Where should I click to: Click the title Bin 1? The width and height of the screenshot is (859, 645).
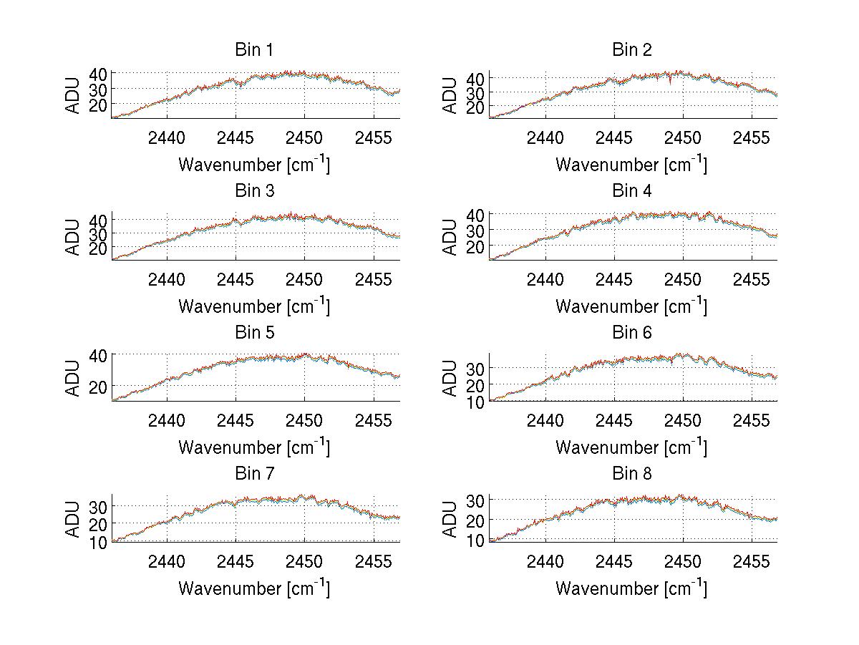254,50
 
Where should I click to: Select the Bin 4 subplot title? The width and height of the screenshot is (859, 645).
632,191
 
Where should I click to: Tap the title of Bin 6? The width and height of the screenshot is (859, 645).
632,333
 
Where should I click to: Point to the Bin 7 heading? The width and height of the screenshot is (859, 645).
254,474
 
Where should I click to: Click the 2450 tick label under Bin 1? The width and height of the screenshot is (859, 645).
305,137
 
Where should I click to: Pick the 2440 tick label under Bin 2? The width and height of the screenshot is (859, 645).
545,137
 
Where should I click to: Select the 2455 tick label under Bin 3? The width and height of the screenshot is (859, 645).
374,278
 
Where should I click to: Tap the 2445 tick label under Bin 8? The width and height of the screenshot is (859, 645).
613,561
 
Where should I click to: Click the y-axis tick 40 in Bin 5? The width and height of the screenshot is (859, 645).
98,356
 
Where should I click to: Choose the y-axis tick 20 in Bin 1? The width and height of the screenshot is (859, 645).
98,105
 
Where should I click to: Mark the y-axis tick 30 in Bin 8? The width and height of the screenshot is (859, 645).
476,500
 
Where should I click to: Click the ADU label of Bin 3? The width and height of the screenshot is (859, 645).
73,236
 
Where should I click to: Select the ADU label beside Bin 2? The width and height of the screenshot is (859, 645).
450,95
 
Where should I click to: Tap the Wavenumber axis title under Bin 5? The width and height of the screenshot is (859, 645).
254,447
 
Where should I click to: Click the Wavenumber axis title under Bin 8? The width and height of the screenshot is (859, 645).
631,588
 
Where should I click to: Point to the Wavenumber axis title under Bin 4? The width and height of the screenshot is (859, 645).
631,306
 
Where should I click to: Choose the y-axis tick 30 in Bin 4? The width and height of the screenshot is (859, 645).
476,231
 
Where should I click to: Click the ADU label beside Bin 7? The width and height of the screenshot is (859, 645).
73,519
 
